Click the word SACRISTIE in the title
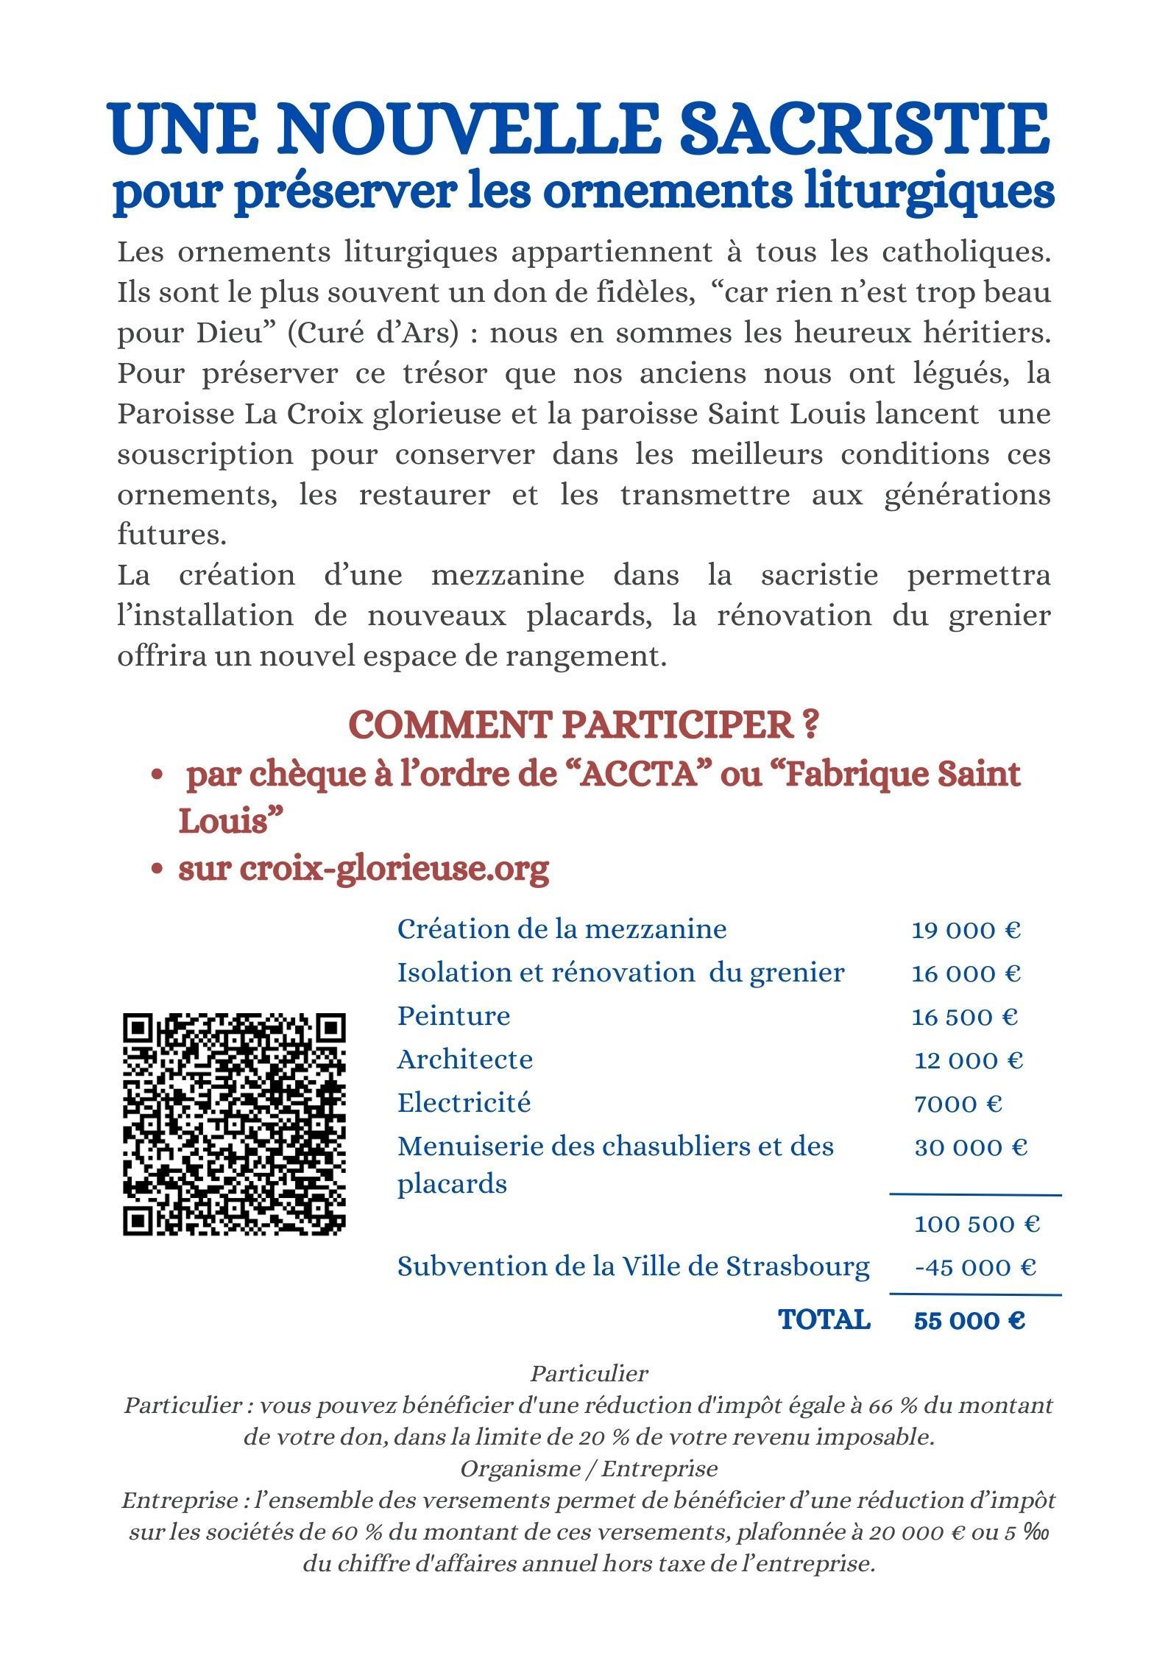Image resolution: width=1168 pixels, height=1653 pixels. (866, 130)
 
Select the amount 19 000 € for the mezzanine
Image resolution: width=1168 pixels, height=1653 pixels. (966, 931)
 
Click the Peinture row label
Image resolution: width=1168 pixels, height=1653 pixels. (453, 1016)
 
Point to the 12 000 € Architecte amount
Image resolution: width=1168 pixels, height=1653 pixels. (969, 1060)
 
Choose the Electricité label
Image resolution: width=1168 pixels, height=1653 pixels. (464, 1103)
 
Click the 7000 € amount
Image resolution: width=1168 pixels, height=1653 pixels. (958, 1104)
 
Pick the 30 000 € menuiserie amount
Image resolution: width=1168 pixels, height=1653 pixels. (970, 1147)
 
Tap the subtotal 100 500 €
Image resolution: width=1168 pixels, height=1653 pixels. (976, 1224)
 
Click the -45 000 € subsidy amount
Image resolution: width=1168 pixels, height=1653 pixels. (975, 1267)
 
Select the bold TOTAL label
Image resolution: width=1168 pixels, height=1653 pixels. (824, 1320)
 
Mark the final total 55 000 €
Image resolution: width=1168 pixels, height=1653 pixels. (969, 1321)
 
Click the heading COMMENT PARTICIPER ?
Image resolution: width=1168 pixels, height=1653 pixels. (584, 726)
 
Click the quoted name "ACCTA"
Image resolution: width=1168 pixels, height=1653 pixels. (638, 776)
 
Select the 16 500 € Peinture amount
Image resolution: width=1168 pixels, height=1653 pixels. (964, 1018)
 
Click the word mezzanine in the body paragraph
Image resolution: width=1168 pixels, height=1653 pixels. (508, 575)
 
